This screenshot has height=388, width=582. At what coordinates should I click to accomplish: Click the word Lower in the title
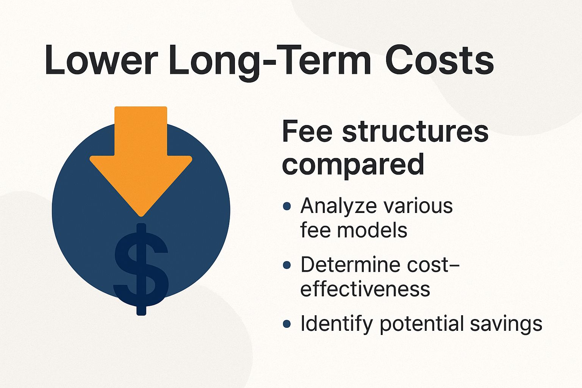click(101, 60)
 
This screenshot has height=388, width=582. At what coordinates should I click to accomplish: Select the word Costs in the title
click(440, 60)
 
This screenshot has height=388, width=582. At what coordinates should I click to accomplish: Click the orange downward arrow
click(141, 159)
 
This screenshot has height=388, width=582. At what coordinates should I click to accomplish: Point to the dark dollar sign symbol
click(141, 269)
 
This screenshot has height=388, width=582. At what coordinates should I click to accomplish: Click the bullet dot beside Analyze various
click(287, 206)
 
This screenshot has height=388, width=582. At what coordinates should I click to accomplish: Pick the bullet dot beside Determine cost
click(287, 265)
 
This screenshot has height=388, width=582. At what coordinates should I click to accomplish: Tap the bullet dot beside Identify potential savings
click(287, 324)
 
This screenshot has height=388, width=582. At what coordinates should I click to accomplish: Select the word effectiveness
click(365, 289)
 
